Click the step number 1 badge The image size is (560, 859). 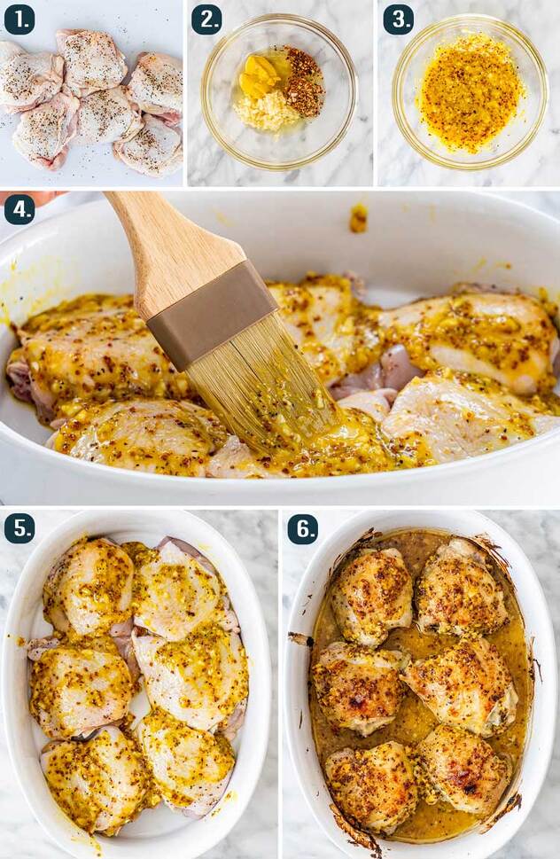click(x=19, y=20)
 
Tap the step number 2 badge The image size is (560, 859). click(x=206, y=20)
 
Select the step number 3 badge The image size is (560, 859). click(x=398, y=20)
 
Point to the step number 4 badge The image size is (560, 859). click(x=19, y=210)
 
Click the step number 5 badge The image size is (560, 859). click(x=19, y=528)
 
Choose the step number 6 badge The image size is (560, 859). click(x=303, y=528)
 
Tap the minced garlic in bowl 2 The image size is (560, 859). click(x=267, y=111)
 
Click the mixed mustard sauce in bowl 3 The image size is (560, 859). click(x=470, y=92)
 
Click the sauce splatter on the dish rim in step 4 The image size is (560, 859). click(x=358, y=217)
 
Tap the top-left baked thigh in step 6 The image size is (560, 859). click(x=371, y=596)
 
